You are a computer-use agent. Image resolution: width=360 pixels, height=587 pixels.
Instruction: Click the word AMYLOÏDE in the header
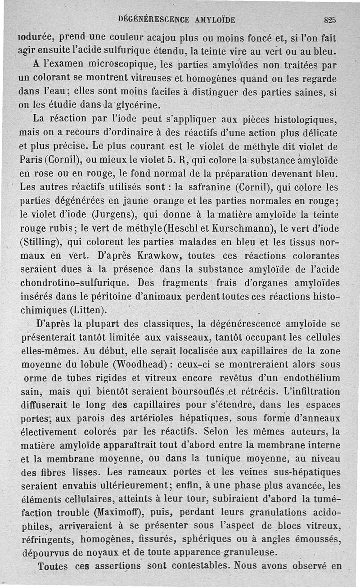pyautogui.click(x=209, y=19)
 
